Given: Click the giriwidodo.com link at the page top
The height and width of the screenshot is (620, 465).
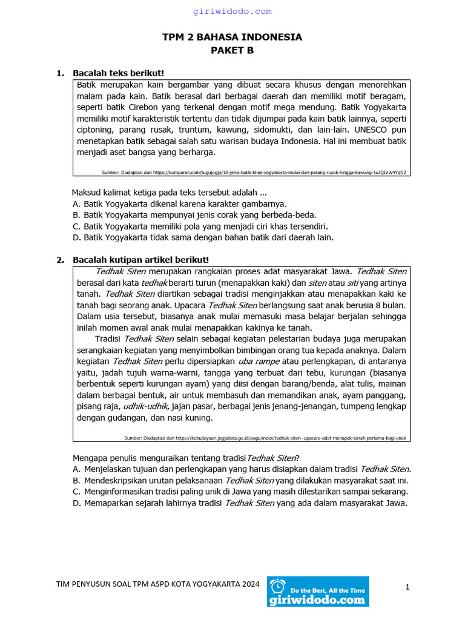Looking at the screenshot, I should pos(232,12).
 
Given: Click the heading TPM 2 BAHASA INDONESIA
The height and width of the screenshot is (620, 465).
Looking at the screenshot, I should pos(232,38).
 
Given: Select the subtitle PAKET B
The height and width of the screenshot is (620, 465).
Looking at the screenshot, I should pos(232,51).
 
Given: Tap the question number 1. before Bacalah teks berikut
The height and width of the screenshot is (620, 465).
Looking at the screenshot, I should pos(60,73).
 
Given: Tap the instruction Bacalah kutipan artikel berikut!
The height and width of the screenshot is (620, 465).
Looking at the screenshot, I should pos(140,260).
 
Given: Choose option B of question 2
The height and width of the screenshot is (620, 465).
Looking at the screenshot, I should pos(240,480).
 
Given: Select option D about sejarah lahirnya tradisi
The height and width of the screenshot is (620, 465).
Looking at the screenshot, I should pos(240,503).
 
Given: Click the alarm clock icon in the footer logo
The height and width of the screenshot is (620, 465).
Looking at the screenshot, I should pos(278,586).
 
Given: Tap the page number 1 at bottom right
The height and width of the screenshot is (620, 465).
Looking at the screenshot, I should pos(407,587).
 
